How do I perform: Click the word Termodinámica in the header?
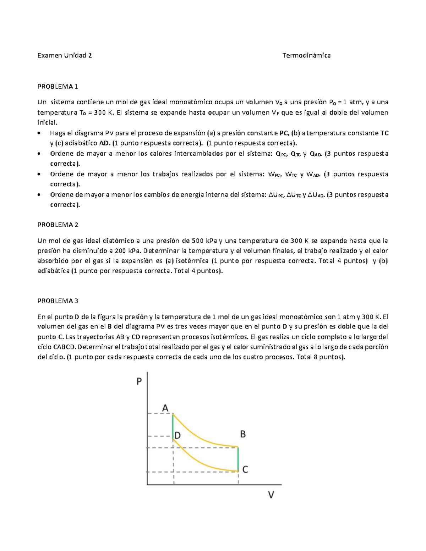pyautogui.click(x=306, y=55)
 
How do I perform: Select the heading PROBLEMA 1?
pyautogui.click(x=58, y=87)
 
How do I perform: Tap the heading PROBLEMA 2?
pyautogui.click(x=58, y=225)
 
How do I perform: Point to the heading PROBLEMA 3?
pyautogui.click(x=58, y=301)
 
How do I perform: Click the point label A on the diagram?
pyautogui.click(x=165, y=408)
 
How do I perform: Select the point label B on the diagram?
pyautogui.click(x=243, y=434)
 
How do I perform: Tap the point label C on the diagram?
pyautogui.click(x=245, y=469)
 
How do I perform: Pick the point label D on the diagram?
pyautogui.click(x=177, y=435)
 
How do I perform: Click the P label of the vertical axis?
pyautogui.click(x=139, y=381)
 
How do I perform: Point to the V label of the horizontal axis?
pyautogui.click(x=271, y=495)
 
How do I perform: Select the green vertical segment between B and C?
pyautogui.click(x=238, y=459)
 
